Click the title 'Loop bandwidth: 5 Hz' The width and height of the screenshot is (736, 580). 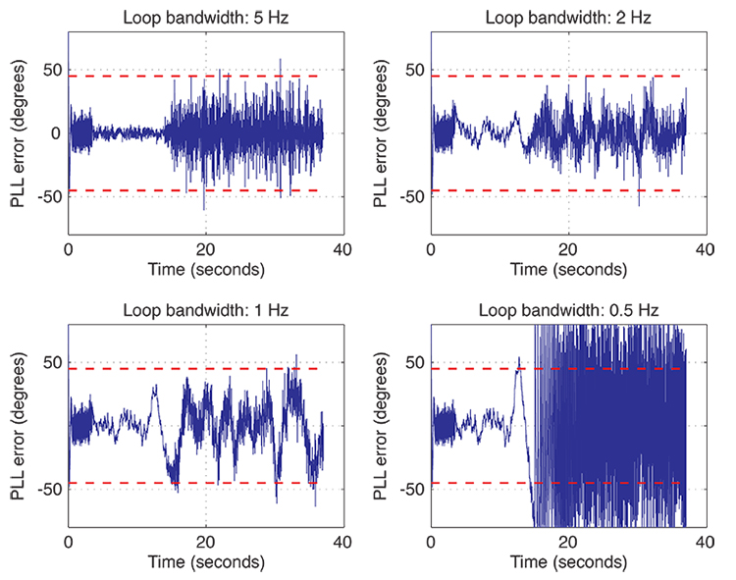[x=205, y=17]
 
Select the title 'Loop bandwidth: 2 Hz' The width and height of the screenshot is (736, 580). [x=568, y=17]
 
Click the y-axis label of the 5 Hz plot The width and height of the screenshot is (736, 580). [x=18, y=132]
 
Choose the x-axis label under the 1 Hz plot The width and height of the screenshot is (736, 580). [x=205, y=562]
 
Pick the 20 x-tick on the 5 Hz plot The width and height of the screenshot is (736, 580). [x=205, y=249]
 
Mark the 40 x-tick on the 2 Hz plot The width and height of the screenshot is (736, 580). [x=705, y=249]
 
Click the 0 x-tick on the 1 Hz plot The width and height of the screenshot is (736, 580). [x=69, y=542]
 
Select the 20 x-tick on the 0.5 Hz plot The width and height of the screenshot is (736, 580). [x=568, y=542]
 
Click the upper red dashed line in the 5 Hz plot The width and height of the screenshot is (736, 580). [x=118, y=77]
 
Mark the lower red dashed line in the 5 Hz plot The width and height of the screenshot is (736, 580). [x=118, y=190]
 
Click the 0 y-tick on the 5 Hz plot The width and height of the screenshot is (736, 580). [x=57, y=133]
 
